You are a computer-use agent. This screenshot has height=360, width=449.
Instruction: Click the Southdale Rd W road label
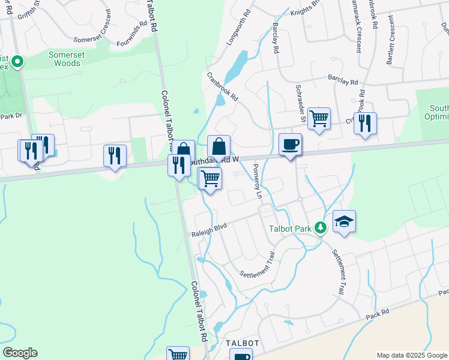tap(215, 160)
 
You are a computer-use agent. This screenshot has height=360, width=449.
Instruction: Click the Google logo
tap(20, 353)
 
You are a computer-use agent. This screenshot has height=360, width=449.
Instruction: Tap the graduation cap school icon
tap(344, 222)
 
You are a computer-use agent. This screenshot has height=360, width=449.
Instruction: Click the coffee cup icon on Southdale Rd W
tap(290, 145)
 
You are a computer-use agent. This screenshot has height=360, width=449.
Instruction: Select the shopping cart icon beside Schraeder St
tap(319, 118)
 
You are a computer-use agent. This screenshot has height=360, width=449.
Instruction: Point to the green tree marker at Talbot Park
tap(321, 227)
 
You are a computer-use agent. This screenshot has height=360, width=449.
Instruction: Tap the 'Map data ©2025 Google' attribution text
tap(412, 355)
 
